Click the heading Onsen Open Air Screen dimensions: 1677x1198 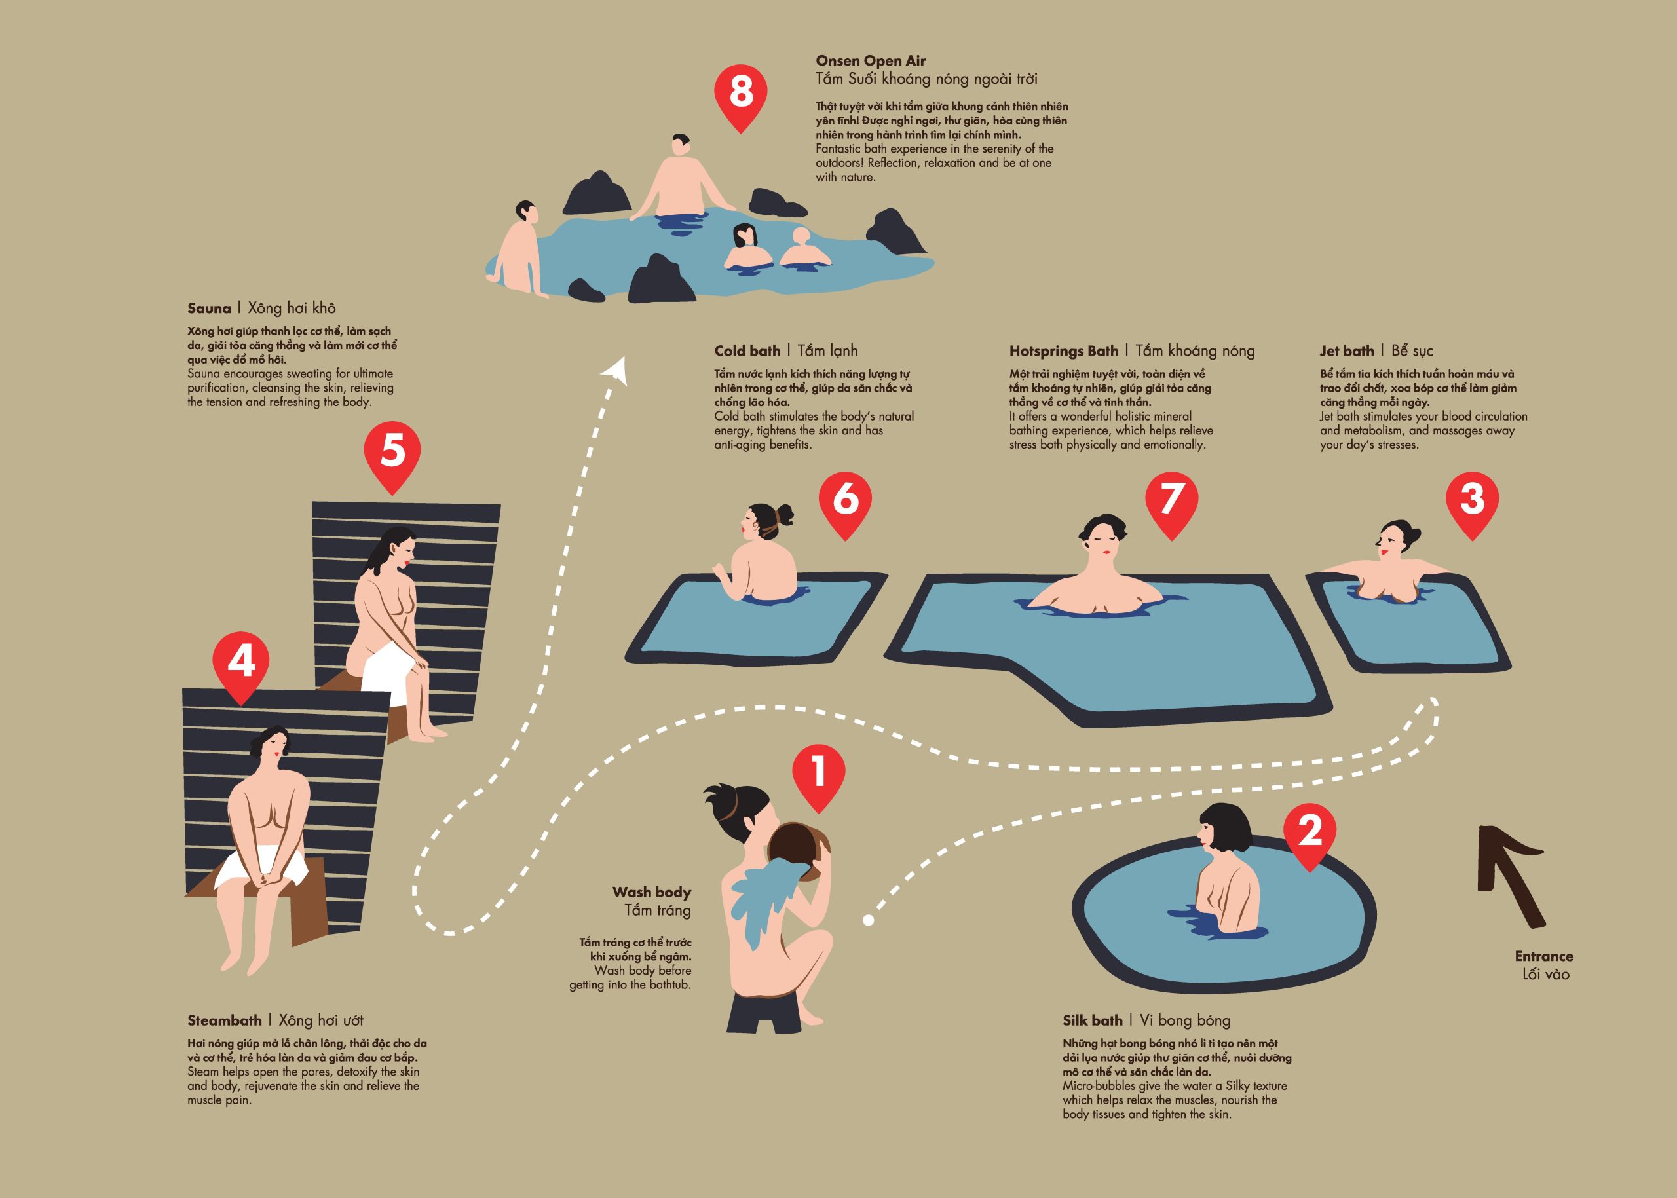[x=871, y=60]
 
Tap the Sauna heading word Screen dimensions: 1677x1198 [x=209, y=309]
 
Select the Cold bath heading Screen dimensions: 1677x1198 [x=747, y=350]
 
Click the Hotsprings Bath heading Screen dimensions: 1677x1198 [x=1064, y=351]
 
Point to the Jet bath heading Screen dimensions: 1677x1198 [x=1346, y=350]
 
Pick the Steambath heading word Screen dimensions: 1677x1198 [x=224, y=1020]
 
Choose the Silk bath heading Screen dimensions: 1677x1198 [x=1092, y=1020]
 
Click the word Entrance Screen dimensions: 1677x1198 [x=1544, y=956]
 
